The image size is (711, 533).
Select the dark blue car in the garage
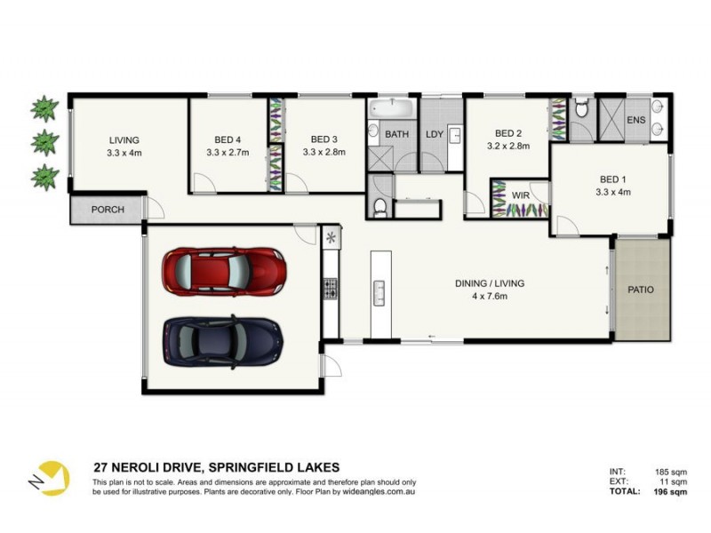[x=222, y=339]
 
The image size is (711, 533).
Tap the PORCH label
[x=108, y=210]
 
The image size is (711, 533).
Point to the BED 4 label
[x=228, y=139]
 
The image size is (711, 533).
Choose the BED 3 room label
[x=324, y=139]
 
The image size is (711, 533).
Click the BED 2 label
[x=507, y=133]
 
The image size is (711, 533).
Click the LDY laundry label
[x=435, y=134]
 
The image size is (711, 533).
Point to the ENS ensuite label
[x=635, y=119]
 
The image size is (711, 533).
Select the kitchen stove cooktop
[x=330, y=288]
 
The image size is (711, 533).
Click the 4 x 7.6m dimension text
[x=489, y=296]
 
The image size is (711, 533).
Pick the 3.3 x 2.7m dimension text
[x=228, y=152]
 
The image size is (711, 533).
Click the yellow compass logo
[x=51, y=477]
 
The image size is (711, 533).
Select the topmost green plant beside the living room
[x=44, y=110]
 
